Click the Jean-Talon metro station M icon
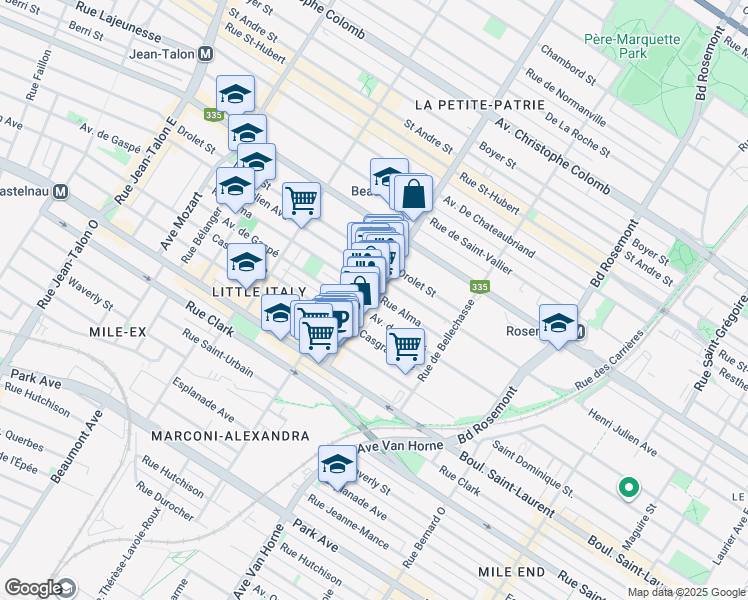point(205,54)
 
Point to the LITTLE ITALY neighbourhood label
point(251,290)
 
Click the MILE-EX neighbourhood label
point(118,331)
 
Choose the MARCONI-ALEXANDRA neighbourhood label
point(229,436)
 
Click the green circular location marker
point(628,488)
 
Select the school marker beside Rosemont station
point(557,322)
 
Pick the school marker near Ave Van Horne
point(338,463)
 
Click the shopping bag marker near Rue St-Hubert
point(412,193)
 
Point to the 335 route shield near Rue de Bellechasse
point(480,287)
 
